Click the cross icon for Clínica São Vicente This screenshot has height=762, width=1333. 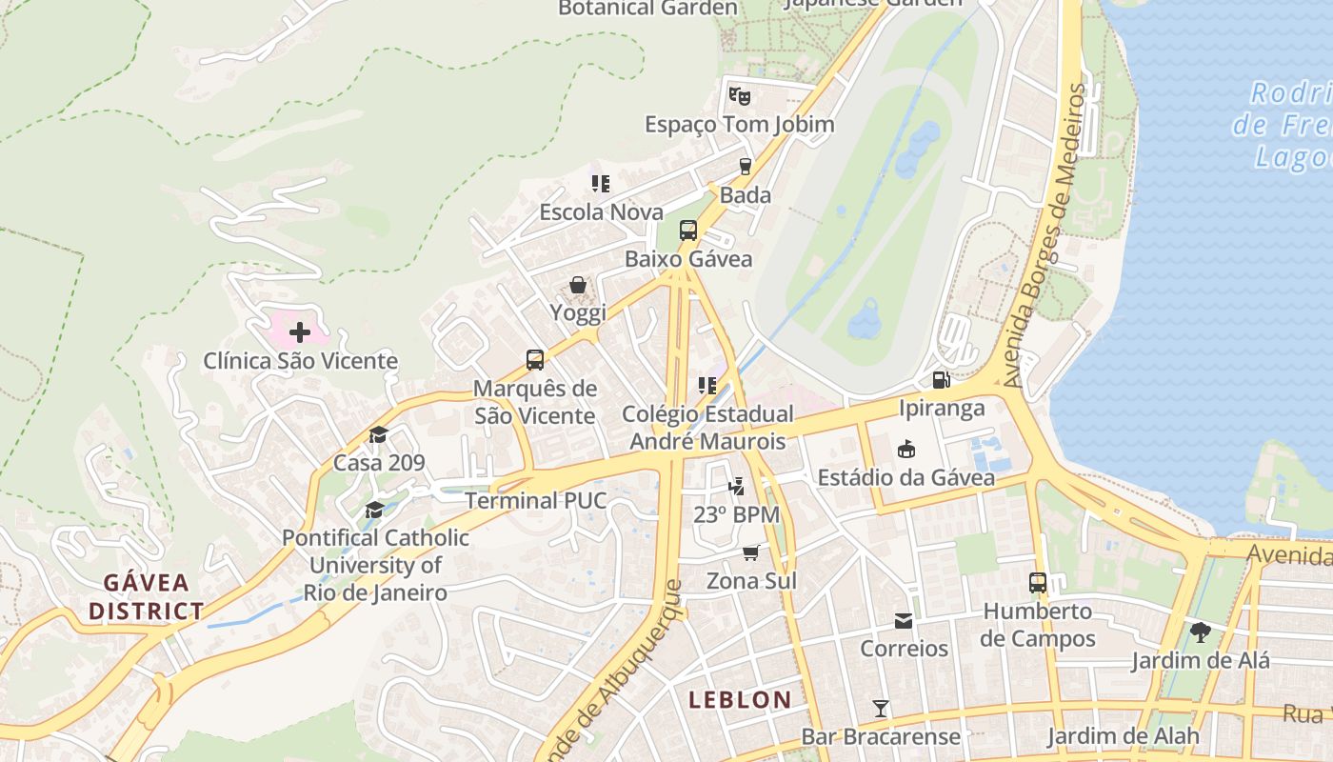300,332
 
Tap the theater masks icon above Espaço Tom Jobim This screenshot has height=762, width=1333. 740,95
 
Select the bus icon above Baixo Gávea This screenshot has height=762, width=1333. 688,231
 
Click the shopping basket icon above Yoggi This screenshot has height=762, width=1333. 578,285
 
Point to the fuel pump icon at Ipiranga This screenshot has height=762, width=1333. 941,380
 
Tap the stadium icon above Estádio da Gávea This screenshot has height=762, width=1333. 905,449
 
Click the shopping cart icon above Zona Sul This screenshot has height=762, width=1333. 751,552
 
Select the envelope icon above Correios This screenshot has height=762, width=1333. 904,621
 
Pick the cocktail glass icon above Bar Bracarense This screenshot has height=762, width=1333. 881,709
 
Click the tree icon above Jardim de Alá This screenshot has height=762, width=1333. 1201,632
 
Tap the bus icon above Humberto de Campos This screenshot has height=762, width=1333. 1038,583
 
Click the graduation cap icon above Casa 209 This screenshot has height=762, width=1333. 379,435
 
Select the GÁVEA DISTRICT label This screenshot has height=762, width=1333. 147,596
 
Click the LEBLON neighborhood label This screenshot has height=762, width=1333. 740,700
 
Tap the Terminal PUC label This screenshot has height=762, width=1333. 535,500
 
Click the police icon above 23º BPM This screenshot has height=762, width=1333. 736,487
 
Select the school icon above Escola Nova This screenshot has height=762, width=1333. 601,183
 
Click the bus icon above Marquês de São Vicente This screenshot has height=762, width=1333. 535,360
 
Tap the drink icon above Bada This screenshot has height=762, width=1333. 746,167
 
